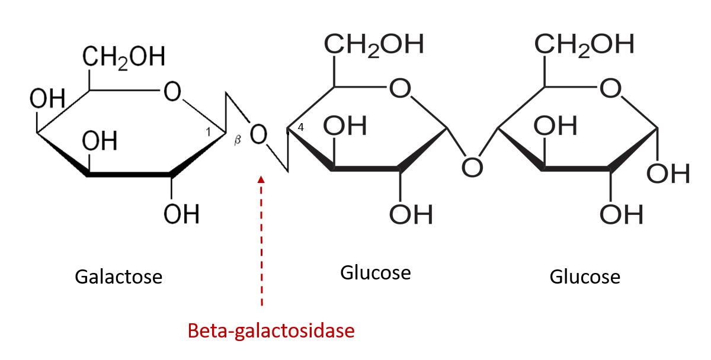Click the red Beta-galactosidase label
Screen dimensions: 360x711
click(x=271, y=330)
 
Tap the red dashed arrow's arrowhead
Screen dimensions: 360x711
click(x=261, y=179)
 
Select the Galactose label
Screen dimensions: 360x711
click(x=118, y=277)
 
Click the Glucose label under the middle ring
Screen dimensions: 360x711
click(x=376, y=273)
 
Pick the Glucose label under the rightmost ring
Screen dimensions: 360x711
click(x=585, y=277)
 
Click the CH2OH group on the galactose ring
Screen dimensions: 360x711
click(x=123, y=58)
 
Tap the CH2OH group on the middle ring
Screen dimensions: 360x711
click(x=373, y=45)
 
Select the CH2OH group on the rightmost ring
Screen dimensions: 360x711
click(x=584, y=44)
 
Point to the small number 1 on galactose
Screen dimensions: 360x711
click(x=208, y=132)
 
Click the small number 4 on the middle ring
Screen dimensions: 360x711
click(x=301, y=127)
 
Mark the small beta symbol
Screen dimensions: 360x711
click(x=239, y=140)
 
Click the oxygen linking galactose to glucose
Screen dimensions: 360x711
click(x=258, y=136)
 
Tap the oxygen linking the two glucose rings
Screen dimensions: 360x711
click(x=472, y=168)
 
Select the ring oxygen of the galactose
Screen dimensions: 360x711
click(x=172, y=91)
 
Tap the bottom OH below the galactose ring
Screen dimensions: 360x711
click(x=181, y=214)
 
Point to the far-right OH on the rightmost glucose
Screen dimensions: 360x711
click(x=668, y=173)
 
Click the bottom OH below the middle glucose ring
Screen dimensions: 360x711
click(x=411, y=214)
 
